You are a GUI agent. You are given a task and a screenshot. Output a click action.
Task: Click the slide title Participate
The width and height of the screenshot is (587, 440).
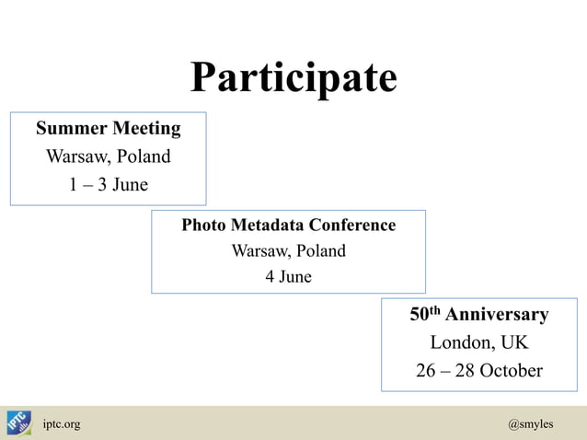click(x=293, y=78)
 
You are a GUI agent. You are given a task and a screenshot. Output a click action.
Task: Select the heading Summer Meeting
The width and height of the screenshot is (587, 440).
click(x=108, y=127)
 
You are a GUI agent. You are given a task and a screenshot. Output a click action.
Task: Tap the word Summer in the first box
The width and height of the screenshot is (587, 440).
click(x=73, y=127)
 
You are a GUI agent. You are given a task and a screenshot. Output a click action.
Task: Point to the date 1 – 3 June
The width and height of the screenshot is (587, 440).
click(x=108, y=185)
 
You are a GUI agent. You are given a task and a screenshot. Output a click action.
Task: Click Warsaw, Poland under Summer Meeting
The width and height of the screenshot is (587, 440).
click(x=108, y=156)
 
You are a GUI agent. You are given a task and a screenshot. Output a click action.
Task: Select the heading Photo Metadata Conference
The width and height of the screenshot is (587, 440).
click(x=288, y=226)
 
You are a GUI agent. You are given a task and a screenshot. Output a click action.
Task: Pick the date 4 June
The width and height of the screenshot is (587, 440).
click(x=288, y=276)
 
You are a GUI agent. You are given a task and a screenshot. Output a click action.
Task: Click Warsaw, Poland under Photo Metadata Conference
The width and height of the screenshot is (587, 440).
click(x=288, y=251)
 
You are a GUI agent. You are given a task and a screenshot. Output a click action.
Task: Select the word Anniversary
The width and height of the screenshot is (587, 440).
click(x=498, y=315)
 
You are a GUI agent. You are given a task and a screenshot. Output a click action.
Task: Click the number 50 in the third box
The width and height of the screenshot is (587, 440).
click(x=420, y=315)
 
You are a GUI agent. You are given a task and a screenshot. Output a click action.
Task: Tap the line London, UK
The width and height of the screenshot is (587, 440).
click(x=478, y=343)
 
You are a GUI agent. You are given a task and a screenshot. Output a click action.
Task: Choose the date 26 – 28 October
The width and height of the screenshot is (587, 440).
click(x=478, y=371)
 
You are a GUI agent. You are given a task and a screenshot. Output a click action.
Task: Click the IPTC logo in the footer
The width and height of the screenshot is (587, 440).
click(x=18, y=423)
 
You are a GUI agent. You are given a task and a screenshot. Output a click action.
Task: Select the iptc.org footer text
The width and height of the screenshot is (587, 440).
click(x=62, y=424)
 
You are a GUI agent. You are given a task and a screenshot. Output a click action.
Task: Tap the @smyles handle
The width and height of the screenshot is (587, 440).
click(x=530, y=424)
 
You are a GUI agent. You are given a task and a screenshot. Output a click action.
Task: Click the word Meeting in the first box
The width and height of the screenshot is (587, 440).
click(x=146, y=127)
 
